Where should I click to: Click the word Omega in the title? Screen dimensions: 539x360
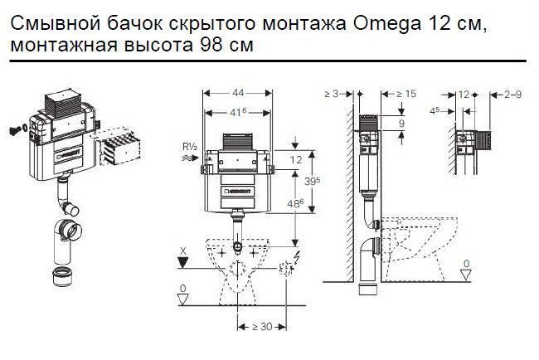pos(386,24)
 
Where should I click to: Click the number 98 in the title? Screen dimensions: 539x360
pos(211,45)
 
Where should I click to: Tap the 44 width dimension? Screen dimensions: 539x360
pos(238,93)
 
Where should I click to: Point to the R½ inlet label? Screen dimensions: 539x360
pos(190,147)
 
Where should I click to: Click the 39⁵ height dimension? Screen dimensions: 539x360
pos(312,181)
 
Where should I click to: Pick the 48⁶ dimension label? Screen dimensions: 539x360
pos(295,203)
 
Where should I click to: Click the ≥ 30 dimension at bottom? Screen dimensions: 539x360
pos(262,326)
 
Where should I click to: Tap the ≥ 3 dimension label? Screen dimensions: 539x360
pos(332,94)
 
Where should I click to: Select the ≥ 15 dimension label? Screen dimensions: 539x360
pos(406,94)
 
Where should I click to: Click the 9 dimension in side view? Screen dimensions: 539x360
pos(401,123)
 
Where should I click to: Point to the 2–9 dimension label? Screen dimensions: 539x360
pos(512,94)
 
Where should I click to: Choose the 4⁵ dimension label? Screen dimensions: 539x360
pos(435,110)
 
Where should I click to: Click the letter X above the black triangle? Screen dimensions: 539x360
pos(183,251)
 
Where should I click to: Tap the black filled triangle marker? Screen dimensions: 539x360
pos(183,263)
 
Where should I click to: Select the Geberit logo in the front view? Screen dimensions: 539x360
pos(237,191)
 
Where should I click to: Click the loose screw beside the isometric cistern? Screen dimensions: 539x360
pos(14,130)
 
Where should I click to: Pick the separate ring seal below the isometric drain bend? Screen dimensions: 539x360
pos(62,275)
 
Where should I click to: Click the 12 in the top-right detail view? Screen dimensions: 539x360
pos(464,94)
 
